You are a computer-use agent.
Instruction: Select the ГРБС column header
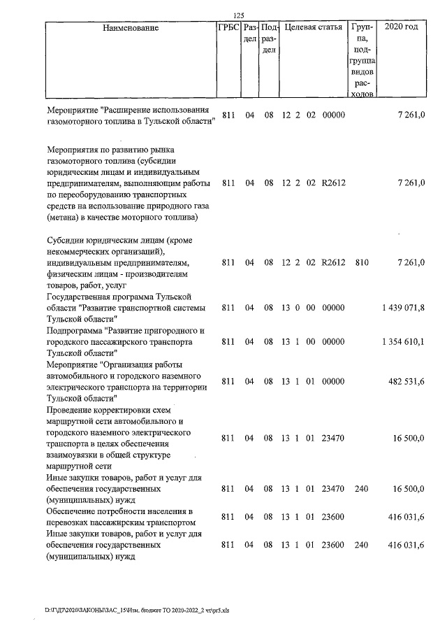click(228, 29)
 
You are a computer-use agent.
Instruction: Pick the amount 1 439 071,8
click(404, 308)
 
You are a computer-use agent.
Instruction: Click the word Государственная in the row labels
click(79, 297)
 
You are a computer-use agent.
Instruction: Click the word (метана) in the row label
click(64, 218)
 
